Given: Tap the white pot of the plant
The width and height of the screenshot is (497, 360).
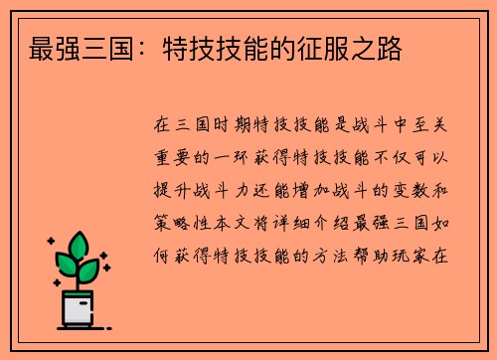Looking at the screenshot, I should point(79,307).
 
